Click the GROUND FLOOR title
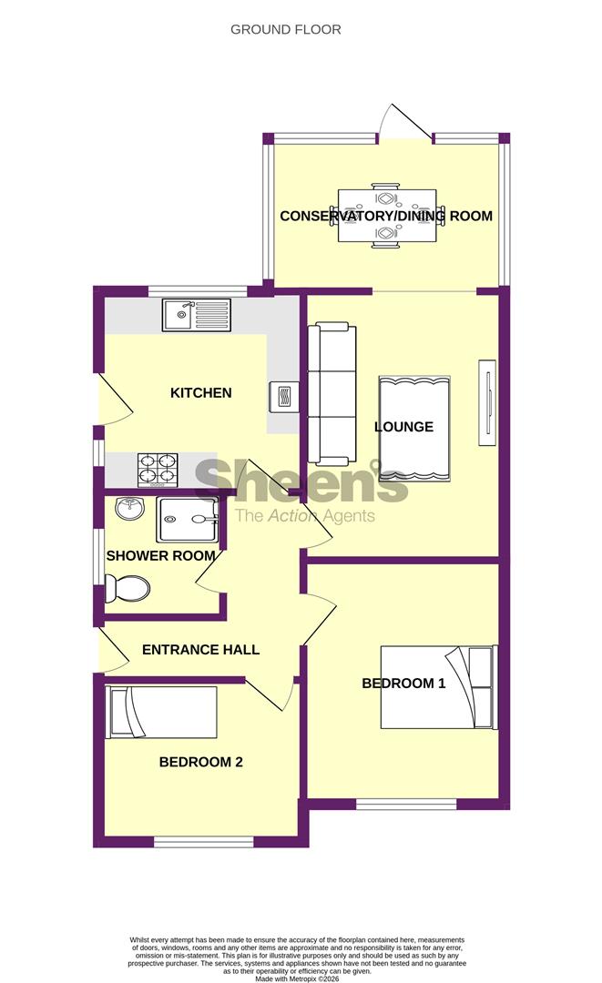click(285, 30)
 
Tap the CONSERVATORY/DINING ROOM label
click(385, 217)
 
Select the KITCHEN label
click(201, 393)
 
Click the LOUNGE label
click(403, 427)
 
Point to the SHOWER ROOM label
click(161, 555)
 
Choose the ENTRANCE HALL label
click(200, 650)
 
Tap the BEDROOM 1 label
click(403, 684)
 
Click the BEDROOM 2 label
click(200, 763)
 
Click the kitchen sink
click(197, 316)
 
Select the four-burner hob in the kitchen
click(156, 468)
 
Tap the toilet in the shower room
click(126, 589)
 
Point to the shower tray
click(188, 519)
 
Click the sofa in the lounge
click(328, 394)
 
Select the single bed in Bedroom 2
click(162, 713)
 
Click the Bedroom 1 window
click(405, 805)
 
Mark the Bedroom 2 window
click(203, 843)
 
